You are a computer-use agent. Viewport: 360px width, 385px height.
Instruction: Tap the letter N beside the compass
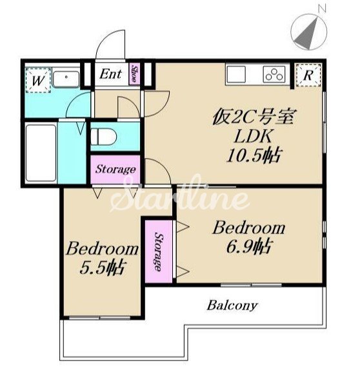pyautogui.click(x=322, y=8)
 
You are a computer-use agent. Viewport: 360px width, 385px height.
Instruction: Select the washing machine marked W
pyautogui.click(x=38, y=81)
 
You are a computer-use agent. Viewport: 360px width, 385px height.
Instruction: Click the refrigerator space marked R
pyautogui.click(x=308, y=75)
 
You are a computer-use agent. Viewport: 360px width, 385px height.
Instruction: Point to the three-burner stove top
pyautogui.click(x=274, y=74)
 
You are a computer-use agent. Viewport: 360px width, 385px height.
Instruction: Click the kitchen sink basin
pyautogui.click(x=236, y=74)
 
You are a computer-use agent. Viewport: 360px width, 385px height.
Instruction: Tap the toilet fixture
pyautogui.click(x=103, y=137)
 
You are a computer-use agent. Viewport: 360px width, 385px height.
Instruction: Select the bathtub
pyautogui.click(x=41, y=153)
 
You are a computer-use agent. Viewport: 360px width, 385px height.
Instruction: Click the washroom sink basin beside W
pyautogui.click(x=66, y=79)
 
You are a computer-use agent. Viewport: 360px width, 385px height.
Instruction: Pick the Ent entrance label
pyautogui.click(x=110, y=74)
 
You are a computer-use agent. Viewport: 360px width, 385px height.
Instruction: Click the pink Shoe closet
pyautogui.click(x=135, y=74)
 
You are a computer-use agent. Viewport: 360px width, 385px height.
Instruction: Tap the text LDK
pyautogui.click(x=254, y=136)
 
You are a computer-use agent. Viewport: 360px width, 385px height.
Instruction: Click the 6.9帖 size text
pyautogui.click(x=249, y=246)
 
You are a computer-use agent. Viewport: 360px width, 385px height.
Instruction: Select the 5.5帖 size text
pyautogui.click(x=103, y=268)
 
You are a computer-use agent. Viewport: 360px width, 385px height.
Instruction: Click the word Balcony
pyautogui.click(x=232, y=306)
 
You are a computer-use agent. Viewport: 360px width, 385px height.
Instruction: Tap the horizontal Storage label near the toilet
pyautogui.click(x=115, y=169)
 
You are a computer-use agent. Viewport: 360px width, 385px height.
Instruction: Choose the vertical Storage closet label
pyautogui.click(x=159, y=252)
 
